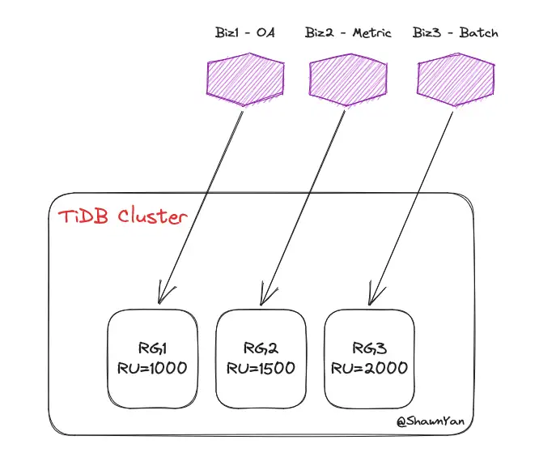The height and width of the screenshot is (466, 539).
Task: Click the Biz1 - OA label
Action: tap(244, 32)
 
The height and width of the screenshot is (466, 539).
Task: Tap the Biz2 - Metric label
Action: tap(348, 32)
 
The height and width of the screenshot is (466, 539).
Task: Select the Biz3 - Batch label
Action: tap(455, 32)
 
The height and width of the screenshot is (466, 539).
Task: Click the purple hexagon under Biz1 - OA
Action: tap(245, 79)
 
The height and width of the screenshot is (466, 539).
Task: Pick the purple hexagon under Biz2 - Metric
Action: tap(348, 79)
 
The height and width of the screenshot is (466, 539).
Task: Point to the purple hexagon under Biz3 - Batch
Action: tap(456, 79)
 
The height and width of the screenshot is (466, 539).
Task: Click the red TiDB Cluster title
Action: tap(123, 216)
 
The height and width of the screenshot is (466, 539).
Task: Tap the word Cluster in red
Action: tap(153, 216)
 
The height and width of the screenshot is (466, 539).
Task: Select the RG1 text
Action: tap(152, 348)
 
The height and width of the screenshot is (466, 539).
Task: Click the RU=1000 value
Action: tap(152, 368)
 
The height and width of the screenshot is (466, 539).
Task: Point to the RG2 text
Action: tap(261, 348)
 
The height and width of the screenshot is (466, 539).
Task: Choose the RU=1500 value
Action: tap(261, 368)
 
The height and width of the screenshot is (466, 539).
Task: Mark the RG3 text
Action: tap(370, 348)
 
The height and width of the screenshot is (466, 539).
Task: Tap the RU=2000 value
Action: tap(369, 368)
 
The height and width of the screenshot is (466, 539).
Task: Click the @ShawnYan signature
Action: tap(431, 421)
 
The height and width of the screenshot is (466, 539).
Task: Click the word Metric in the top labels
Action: tap(372, 32)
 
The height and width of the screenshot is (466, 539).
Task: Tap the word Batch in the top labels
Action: tap(479, 32)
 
